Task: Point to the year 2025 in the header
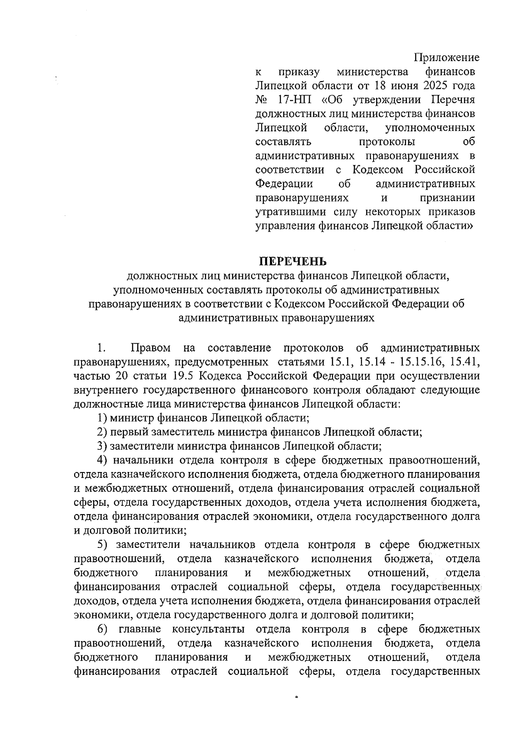tap(426, 85)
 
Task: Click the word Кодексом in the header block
tap(377, 169)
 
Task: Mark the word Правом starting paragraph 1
tap(150, 348)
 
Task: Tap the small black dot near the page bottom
tap(297, 697)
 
